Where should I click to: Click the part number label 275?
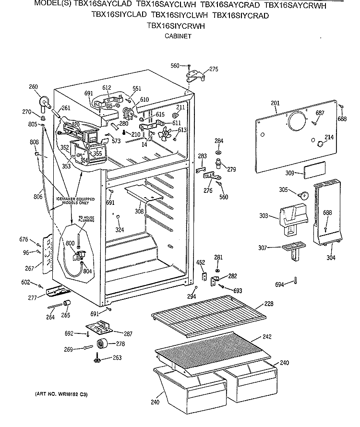[x=214, y=69]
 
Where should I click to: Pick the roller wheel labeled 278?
[x=101, y=344]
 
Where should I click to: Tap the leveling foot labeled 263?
[x=98, y=358]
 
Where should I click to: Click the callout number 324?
[x=120, y=230]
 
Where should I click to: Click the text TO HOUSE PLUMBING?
[x=73, y=218]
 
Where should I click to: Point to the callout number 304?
[x=331, y=258]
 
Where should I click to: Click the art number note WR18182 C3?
[x=61, y=395]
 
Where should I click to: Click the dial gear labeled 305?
[x=302, y=194]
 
